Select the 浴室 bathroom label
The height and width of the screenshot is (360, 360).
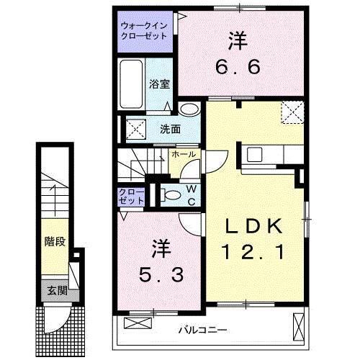coord(159,84)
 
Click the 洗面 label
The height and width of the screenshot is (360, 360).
coord(170,130)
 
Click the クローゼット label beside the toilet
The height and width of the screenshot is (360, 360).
coord(131,197)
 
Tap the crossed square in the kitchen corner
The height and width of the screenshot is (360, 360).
coord(292,112)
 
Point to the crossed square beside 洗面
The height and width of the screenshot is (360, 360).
coord(135,130)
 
